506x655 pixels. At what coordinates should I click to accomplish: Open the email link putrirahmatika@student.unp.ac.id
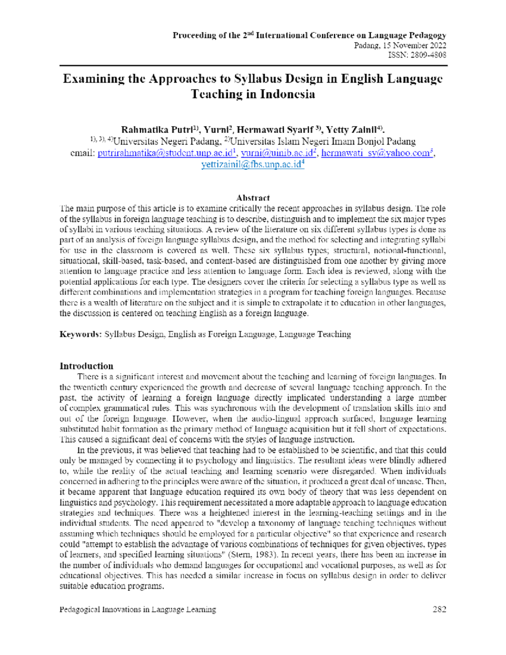165,153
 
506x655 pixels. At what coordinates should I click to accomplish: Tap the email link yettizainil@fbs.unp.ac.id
251,164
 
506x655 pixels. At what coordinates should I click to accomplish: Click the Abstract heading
253,198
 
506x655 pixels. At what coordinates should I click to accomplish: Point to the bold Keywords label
80,334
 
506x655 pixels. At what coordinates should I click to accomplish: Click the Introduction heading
86,366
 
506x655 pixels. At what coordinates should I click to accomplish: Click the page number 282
439,609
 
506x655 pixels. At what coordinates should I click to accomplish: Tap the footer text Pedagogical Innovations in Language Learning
138,609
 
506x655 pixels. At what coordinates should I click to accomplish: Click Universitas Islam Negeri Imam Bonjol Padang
323,141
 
